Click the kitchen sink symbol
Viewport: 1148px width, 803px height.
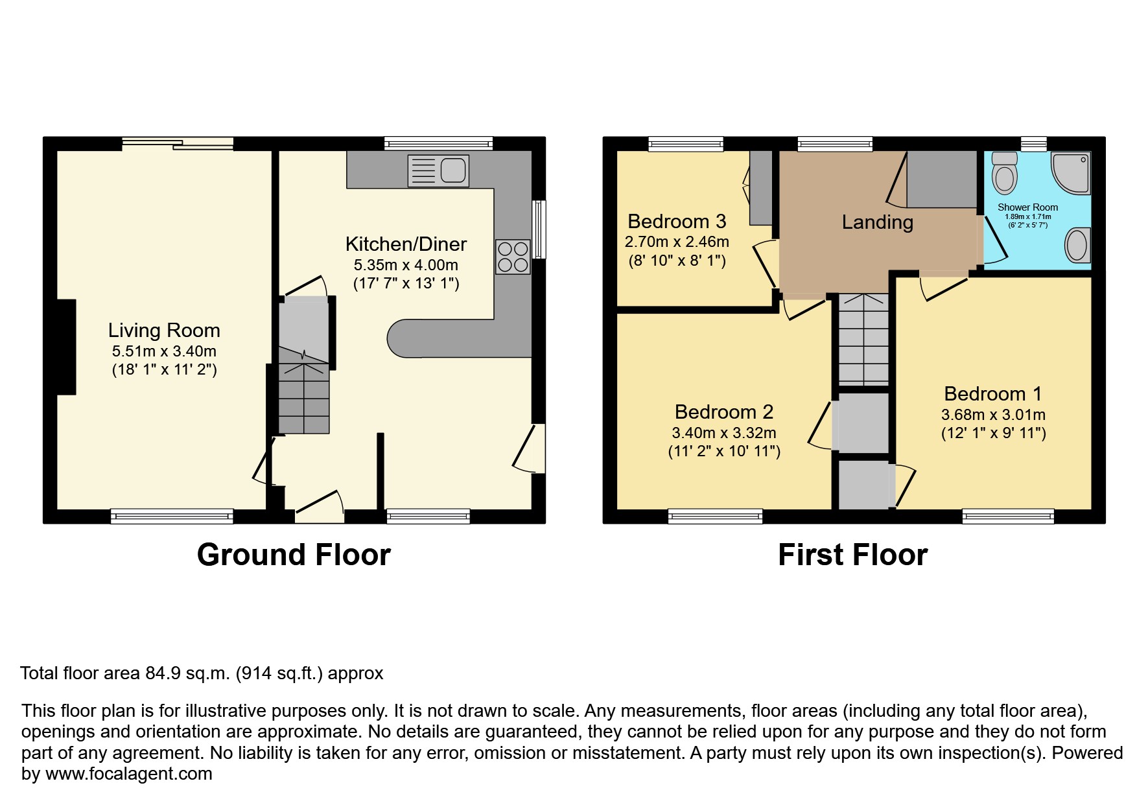(x=438, y=171)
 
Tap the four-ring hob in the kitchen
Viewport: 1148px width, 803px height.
(x=512, y=257)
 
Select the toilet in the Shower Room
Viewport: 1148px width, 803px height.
(x=1005, y=173)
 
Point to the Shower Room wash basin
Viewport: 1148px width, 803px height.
(x=1077, y=246)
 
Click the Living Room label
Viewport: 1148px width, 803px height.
(x=164, y=331)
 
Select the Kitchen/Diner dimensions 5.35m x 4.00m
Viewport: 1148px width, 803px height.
(x=406, y=265)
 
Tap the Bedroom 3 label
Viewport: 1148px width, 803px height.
(x=677, y=222)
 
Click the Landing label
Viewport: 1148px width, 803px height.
(x=877, y=222)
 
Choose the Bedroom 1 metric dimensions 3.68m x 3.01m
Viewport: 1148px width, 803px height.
(x=993, y=415)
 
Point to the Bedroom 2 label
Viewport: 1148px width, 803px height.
(x=724, y=412)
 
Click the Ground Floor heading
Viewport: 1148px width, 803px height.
(x=294, y=555)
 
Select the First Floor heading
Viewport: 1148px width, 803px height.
(x=852, y=555)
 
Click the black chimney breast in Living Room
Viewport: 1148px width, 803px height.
(x=66, y=347)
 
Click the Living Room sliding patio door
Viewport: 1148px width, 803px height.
(x=177, y=143)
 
